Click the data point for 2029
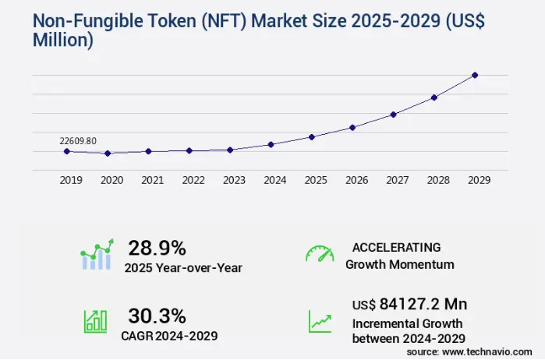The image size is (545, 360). [x=475, y=75]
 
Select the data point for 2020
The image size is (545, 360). [x=108, y=154]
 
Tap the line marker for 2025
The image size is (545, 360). [x=312, y=136]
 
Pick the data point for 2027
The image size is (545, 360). [x=394, y=115]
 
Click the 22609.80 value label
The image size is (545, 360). [x=78, y=141]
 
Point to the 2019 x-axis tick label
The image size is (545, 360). [x=71, y=180]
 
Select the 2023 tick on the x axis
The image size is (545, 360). [x=234, y=180]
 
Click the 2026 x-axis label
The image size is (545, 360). [x=356, y=180]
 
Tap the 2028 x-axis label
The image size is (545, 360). [x=437, y=180]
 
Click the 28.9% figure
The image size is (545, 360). [x=157, y=249]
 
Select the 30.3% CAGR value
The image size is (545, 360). [x=157, y=316]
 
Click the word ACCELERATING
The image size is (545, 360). [x=396, y=248]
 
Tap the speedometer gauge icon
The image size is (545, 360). [x=319, y=254]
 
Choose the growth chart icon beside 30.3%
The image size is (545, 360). [x=95, y=320]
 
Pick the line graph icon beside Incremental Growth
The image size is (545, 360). [x=320, y=320]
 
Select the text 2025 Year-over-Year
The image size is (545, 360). [x=183, y=268]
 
